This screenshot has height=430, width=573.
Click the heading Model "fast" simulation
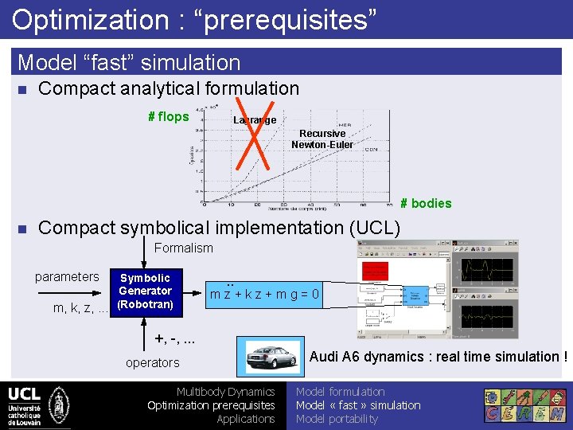[129, 62]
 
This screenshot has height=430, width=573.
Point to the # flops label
[169, 117]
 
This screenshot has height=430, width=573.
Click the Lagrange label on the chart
[255, 120]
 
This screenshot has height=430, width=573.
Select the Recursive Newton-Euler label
[322, 139]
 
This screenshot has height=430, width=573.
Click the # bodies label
[426, 203]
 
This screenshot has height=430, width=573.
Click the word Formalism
[184, 248]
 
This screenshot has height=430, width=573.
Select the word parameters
[67, 277]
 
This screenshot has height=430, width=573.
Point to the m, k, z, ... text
[80, 308]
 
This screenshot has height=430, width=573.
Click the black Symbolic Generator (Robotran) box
[145, 291]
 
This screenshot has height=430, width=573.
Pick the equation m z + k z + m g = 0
[264, 295]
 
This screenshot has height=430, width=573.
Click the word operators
[153, 363]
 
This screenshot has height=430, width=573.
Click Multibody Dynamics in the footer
[225, 392]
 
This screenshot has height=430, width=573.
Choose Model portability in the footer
[337, 419]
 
